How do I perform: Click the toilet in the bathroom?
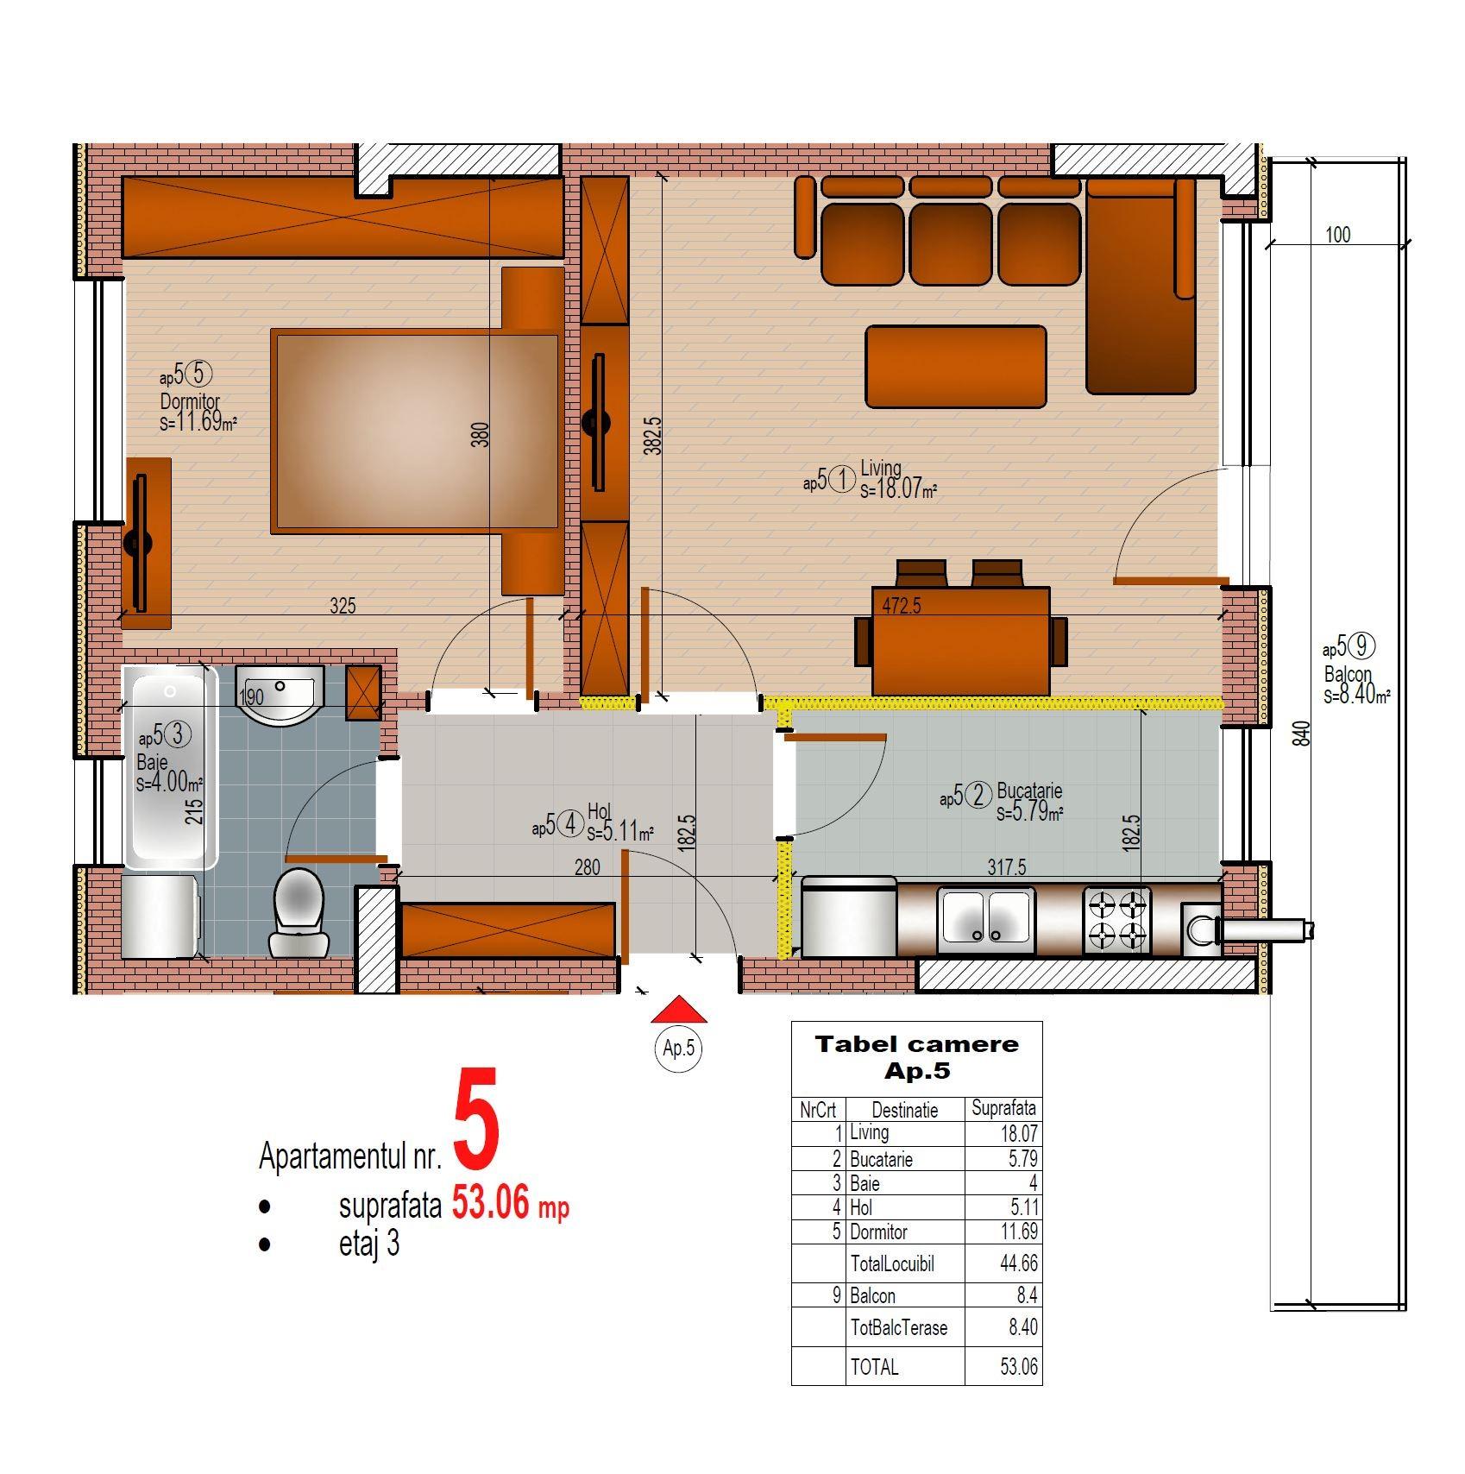point(297,912)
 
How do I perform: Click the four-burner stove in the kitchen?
point(1117,919)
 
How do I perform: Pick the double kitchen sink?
point(987,919)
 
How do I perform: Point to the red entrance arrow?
point(680,1009)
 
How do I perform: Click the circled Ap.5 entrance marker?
point(679,1049)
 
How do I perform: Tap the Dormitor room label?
point(190,401)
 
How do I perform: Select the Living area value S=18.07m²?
point(898,490)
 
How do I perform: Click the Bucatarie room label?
point(1029,791)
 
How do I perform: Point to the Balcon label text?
point(1348,674)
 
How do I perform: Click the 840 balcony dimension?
point(1304,734)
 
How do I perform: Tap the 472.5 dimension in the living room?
point(902,606)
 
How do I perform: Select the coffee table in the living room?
point(956,367)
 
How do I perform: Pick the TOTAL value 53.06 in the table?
point(1019,1367)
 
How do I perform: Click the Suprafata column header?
point(1003,1109)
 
